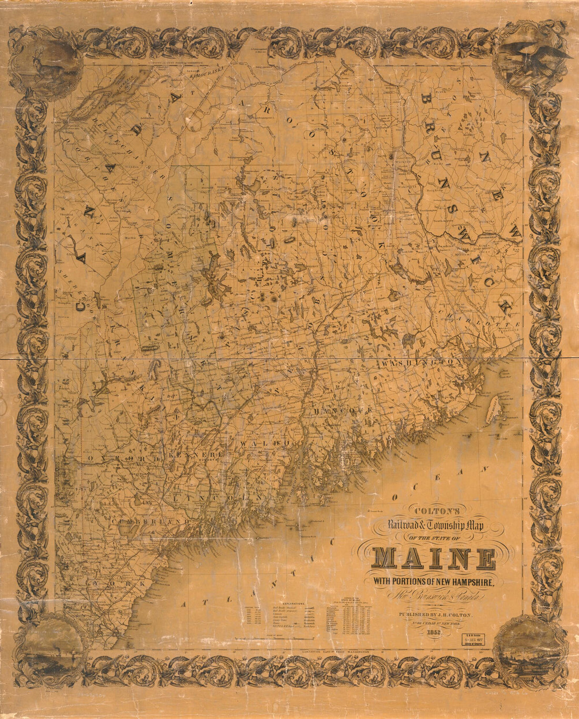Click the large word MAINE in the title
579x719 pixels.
434,559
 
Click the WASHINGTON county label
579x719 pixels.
422,363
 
